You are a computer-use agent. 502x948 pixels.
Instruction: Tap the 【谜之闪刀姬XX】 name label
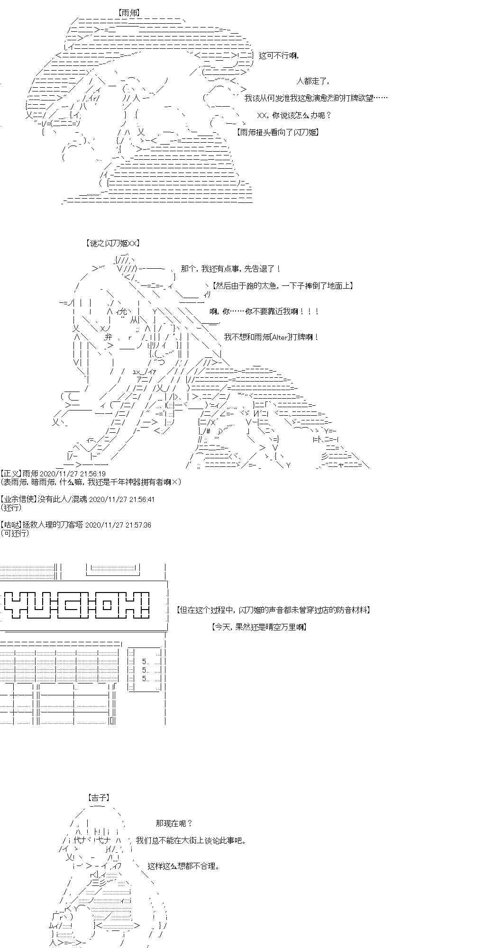113,243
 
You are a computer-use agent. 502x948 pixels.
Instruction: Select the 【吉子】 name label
99,798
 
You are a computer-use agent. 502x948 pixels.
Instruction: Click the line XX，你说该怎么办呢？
294,115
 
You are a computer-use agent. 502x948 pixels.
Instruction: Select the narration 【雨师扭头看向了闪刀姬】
277,132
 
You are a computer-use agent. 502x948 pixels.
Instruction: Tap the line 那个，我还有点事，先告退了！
231,269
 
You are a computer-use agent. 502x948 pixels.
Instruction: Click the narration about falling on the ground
283,285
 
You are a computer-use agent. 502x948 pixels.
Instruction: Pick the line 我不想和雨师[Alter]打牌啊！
271,337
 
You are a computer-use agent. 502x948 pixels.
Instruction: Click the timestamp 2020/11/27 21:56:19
73,474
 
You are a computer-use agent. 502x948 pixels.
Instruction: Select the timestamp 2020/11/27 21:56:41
121,499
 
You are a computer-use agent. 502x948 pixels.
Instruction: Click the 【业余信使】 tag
18,499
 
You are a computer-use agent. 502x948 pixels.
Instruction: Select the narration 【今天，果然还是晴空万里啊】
259,627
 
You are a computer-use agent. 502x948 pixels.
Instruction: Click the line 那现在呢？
174,823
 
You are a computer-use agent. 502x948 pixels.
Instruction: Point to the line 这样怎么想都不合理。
183,866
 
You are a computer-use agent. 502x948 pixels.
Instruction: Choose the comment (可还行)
15,533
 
